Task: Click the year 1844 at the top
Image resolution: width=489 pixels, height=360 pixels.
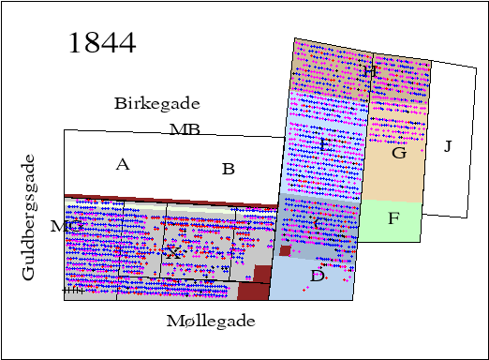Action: (x=103, y=43)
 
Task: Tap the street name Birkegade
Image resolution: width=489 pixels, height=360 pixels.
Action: (x=157, y=103)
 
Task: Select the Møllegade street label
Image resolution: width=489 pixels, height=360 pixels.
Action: (x=211, y=322)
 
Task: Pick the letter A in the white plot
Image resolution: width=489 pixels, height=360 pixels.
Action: (x=122, y=165)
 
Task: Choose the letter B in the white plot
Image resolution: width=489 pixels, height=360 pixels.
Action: (x=228, y=170)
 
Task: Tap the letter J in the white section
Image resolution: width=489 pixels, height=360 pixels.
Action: (x=448, y=146)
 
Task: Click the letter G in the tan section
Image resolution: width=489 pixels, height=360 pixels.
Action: (x=398, y=153)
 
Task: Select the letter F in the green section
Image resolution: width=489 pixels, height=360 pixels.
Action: (x=393, y=218)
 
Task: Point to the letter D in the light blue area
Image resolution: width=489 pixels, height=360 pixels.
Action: (x=317, y=276)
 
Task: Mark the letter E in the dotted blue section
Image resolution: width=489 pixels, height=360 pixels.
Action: (x=324, y=144)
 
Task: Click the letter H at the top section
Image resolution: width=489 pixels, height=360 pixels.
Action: (x=369, y=72)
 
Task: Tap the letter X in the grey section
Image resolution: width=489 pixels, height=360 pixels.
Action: (x=172, y=253)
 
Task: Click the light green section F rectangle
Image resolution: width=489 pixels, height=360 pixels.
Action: (x=393, y=225)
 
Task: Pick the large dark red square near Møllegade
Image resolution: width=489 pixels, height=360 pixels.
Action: (x=254, y=283)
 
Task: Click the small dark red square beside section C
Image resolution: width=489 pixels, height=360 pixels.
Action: (x=285, y=250)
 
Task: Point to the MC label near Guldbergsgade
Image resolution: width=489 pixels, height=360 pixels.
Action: (x=66, y=226)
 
